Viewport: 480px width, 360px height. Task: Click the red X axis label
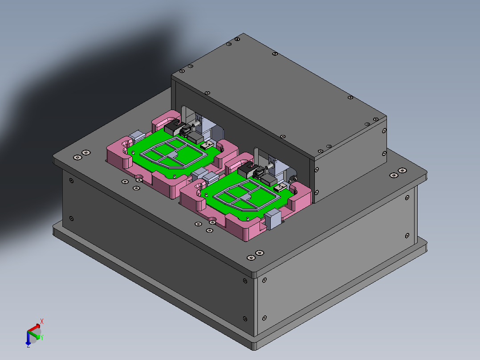[42, 321]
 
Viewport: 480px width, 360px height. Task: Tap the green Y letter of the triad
[42, 338]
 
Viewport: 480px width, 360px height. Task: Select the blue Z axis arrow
[28, 341]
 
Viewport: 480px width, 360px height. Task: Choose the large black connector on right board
[246, 170]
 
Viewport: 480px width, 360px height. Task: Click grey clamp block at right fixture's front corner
[273, 219]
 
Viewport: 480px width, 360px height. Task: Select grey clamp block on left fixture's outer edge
[137, 135]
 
